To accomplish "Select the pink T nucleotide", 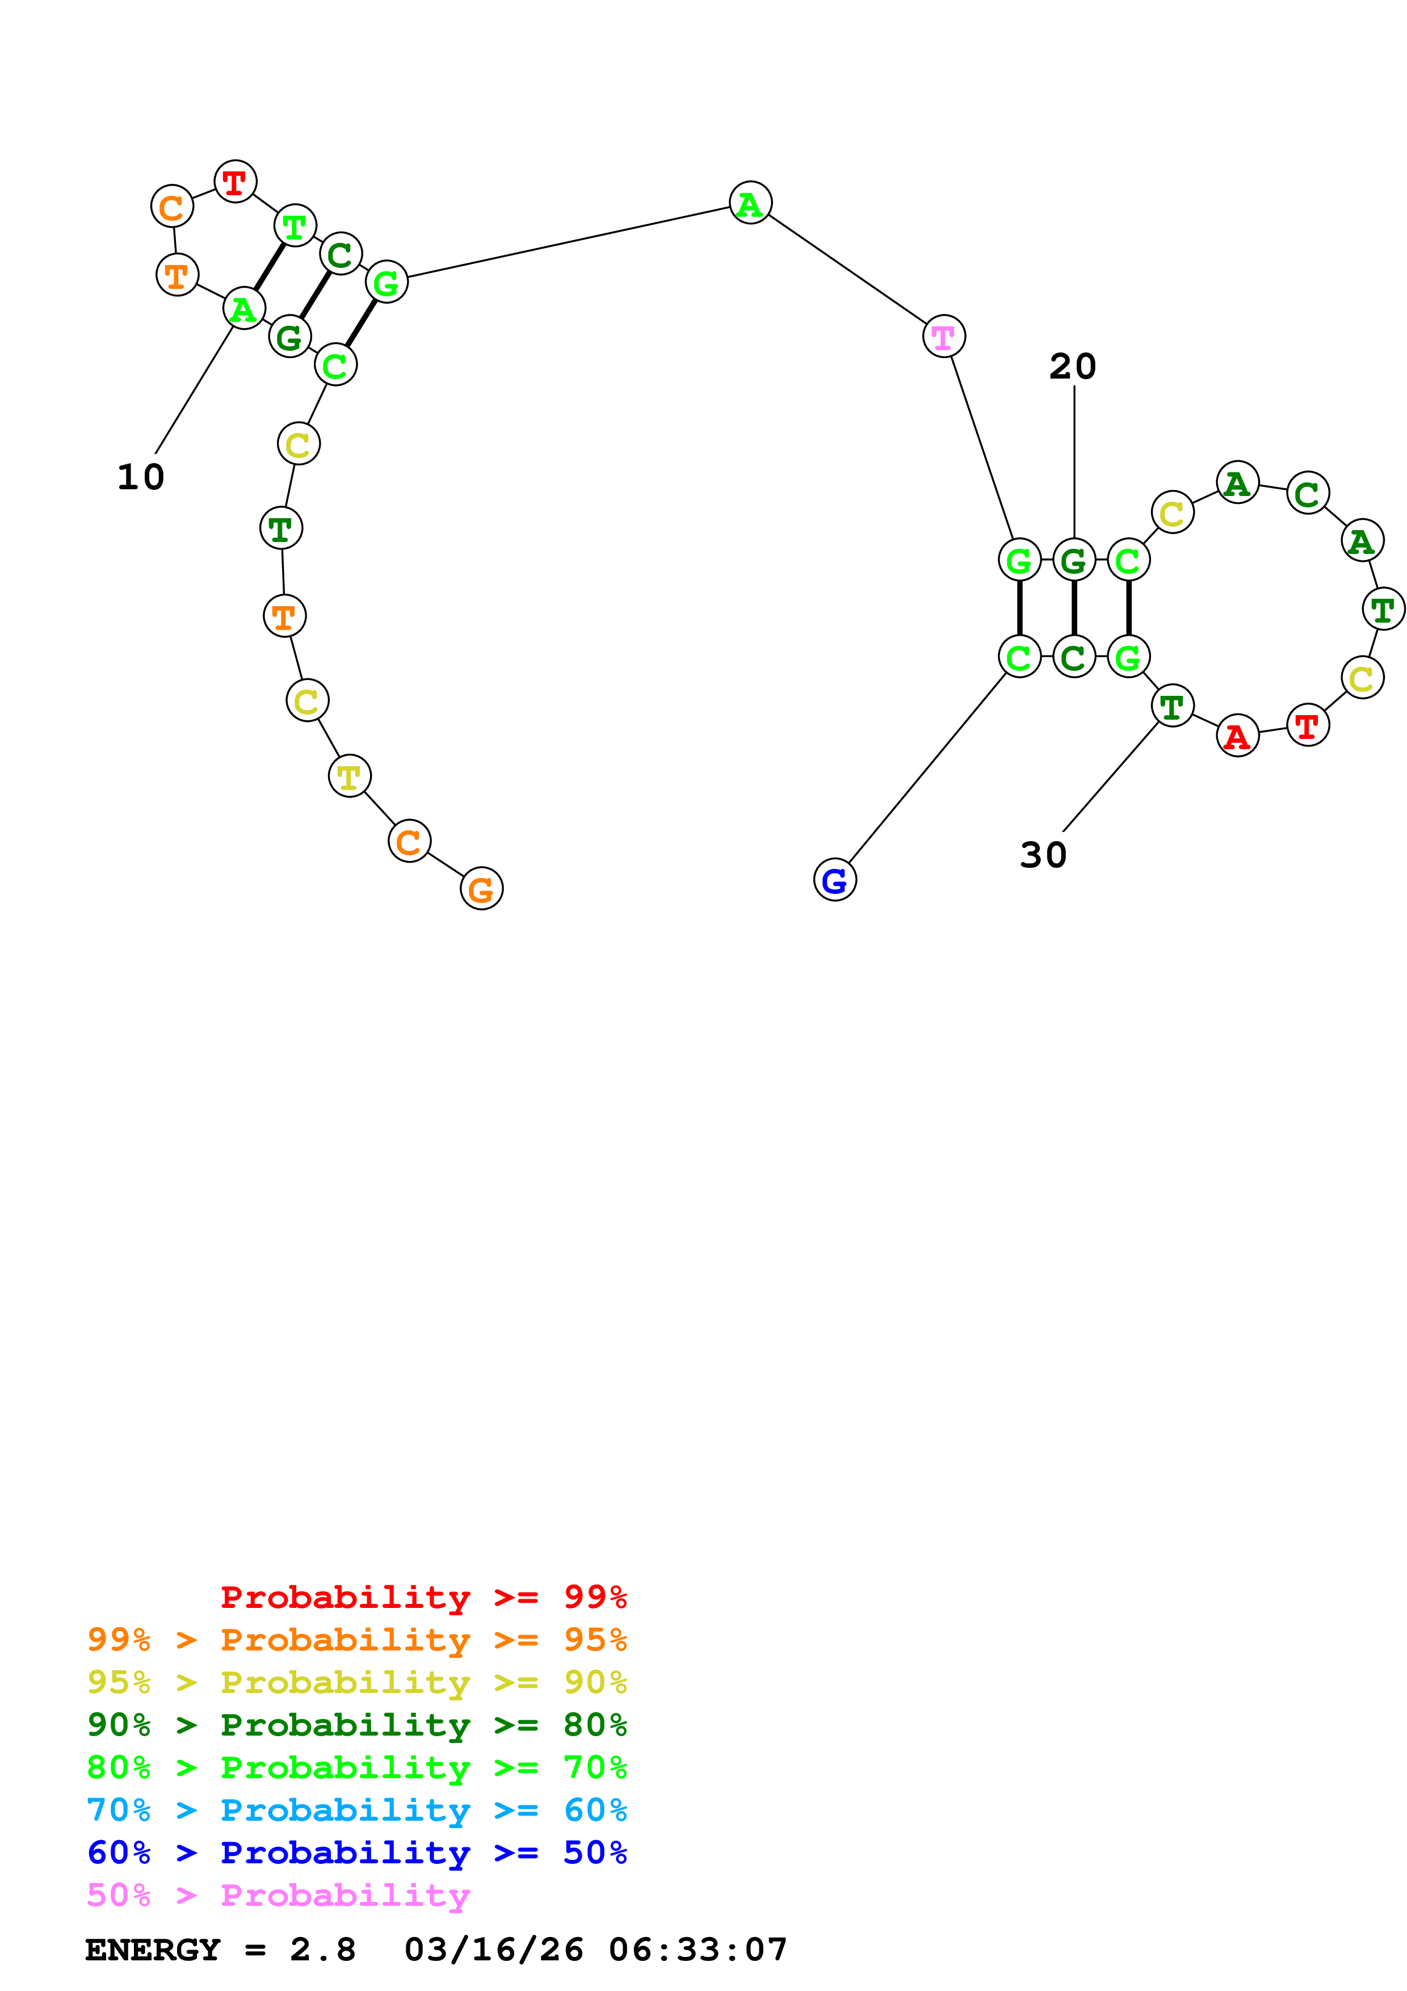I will (943, 337).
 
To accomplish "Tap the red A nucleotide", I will (1237, 736).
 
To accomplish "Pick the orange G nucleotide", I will (481, 889).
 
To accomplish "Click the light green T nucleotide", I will (295, 226).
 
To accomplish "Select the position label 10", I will (140, 477).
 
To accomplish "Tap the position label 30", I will (1043, 855).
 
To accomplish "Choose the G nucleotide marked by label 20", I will (1073, 560).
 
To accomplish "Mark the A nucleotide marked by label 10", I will (243, 309).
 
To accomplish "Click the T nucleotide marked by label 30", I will (1172, 707).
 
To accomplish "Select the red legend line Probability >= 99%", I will (423, 1597).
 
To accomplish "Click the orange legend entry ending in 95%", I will (357, 1640).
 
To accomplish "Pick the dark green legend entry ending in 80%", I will (357, 1725).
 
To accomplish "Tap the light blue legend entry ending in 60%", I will (357, 1810).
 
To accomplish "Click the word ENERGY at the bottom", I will (153, 1950).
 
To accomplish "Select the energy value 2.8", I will (322, 1950).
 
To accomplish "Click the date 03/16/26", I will (493, 1950).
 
